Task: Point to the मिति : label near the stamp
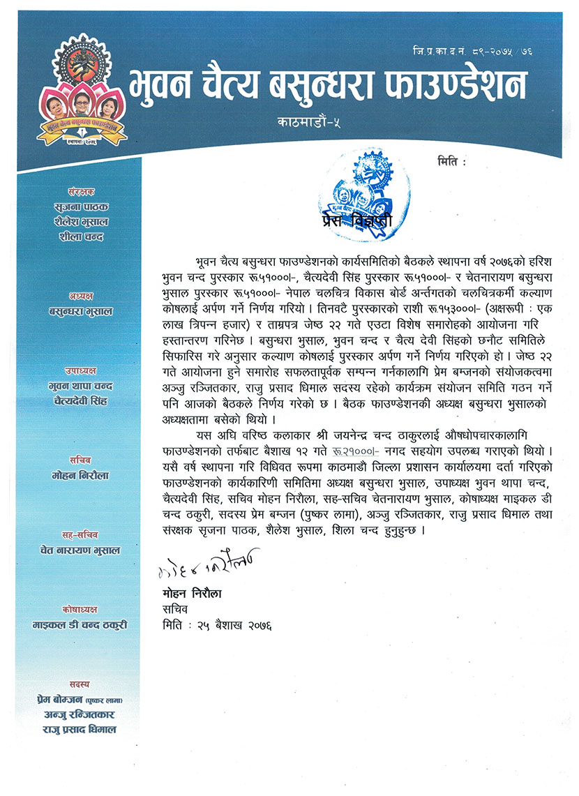[x=451, y=162]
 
